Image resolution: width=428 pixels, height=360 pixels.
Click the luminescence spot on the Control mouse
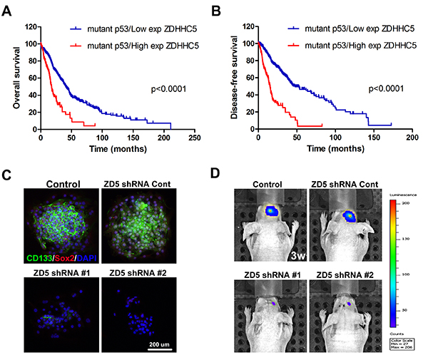[273, 211]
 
